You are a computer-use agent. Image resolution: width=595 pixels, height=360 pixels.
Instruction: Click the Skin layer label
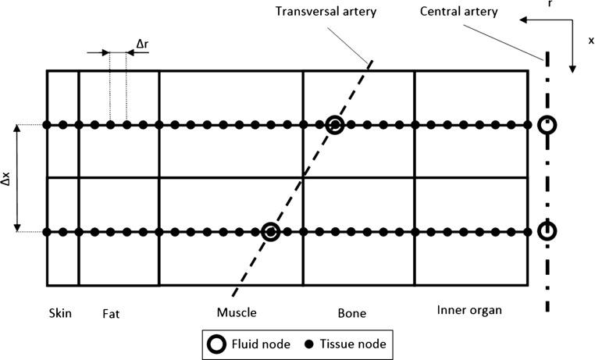(x=59, y=314)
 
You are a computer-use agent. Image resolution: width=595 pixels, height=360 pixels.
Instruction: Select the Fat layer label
(x=112, y=314)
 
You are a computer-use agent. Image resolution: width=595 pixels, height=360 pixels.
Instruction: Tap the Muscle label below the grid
(x=237, y=314)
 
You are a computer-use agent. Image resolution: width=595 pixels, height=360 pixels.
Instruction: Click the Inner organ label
(x=468, y=310)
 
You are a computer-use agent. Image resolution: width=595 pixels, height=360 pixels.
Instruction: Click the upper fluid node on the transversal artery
(x=334, y=124)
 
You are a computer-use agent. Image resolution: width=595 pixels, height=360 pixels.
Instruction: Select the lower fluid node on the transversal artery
(x=270, y=231)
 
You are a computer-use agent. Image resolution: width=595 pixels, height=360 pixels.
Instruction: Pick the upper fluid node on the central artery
(x=547, y=124)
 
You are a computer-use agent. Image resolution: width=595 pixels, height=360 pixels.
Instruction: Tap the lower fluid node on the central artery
(x=547, y=231)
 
